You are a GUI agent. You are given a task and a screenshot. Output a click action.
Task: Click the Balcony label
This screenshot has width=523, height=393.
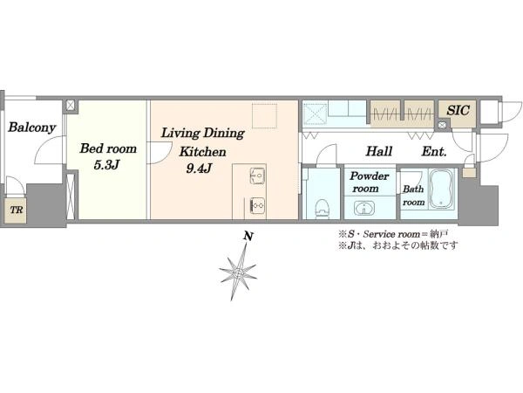tap(31, 128)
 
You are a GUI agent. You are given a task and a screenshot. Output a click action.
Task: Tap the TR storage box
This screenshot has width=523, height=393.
tap(16, 210)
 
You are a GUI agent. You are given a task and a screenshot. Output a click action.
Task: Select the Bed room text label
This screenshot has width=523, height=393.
tap(108, 148)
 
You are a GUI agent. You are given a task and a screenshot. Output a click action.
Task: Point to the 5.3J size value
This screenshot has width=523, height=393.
tap(106, 165)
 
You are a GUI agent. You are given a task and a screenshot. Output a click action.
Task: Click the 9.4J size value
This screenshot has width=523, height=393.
tap(199, 169)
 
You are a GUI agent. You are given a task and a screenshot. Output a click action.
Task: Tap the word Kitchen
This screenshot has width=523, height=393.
tap(202, 152)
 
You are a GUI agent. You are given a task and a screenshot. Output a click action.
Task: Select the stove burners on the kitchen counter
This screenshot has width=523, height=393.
tap(257, 205)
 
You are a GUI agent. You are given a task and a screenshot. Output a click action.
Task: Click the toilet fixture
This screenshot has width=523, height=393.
tap(322, 208)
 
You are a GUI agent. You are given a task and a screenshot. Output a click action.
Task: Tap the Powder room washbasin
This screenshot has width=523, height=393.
tap(363, 208)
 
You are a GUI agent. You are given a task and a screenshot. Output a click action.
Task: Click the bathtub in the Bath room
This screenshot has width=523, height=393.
tap(441, 189)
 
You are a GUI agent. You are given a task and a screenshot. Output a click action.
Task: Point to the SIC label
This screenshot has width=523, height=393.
tap(458, 110)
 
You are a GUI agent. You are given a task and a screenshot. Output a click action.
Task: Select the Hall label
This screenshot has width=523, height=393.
tap(379, 151)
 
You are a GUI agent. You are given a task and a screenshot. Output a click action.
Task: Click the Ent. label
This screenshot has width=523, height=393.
tap(434, 152)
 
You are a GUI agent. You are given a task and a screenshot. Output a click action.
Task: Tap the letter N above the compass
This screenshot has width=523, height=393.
tap(248, 237)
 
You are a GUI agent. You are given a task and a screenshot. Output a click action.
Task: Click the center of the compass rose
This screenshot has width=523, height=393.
tap(238, 272)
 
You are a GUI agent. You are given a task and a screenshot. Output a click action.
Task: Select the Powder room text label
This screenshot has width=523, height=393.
tap(369, 183)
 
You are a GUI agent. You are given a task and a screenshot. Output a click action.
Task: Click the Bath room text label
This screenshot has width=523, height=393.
tap(413, 196)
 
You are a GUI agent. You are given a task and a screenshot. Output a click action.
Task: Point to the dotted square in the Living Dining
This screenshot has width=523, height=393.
tap(264, 116)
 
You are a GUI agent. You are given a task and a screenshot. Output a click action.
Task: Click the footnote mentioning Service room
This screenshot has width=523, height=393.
tap(393, 234)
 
